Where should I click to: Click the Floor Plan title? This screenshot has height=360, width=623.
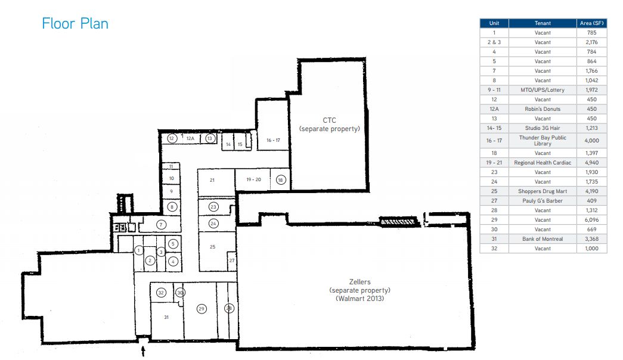[75, 23]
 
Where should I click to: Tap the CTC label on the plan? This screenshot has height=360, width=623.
[329, 120]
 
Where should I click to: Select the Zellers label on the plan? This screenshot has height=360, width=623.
[360, 282]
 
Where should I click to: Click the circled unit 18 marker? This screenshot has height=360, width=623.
[281, 180]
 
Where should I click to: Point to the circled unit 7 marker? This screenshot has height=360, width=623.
[161, 225]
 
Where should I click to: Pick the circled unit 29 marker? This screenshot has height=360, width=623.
[202, 309]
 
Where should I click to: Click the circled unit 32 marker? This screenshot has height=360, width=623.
[161, 293]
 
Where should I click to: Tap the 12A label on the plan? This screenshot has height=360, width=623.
[190, 138]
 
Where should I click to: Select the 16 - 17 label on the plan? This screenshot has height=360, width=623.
[274, 140]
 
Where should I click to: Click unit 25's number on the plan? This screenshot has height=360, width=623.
[213, 247]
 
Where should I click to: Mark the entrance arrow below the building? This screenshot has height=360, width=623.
[143, 351]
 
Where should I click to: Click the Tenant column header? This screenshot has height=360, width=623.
[543, 23]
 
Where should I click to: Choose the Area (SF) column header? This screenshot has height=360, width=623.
[591, 23]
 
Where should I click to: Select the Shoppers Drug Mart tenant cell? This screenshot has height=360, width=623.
[543, 191]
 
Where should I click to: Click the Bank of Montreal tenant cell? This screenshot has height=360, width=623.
[543, 239]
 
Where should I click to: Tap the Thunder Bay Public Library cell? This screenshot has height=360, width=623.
[543, 140]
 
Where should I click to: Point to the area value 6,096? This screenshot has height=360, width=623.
[591, 220]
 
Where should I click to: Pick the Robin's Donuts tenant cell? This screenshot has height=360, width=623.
[543, 109]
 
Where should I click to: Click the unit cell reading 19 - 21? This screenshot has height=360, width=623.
[494, 163]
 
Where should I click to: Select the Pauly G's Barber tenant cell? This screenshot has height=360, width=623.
[543, 201]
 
